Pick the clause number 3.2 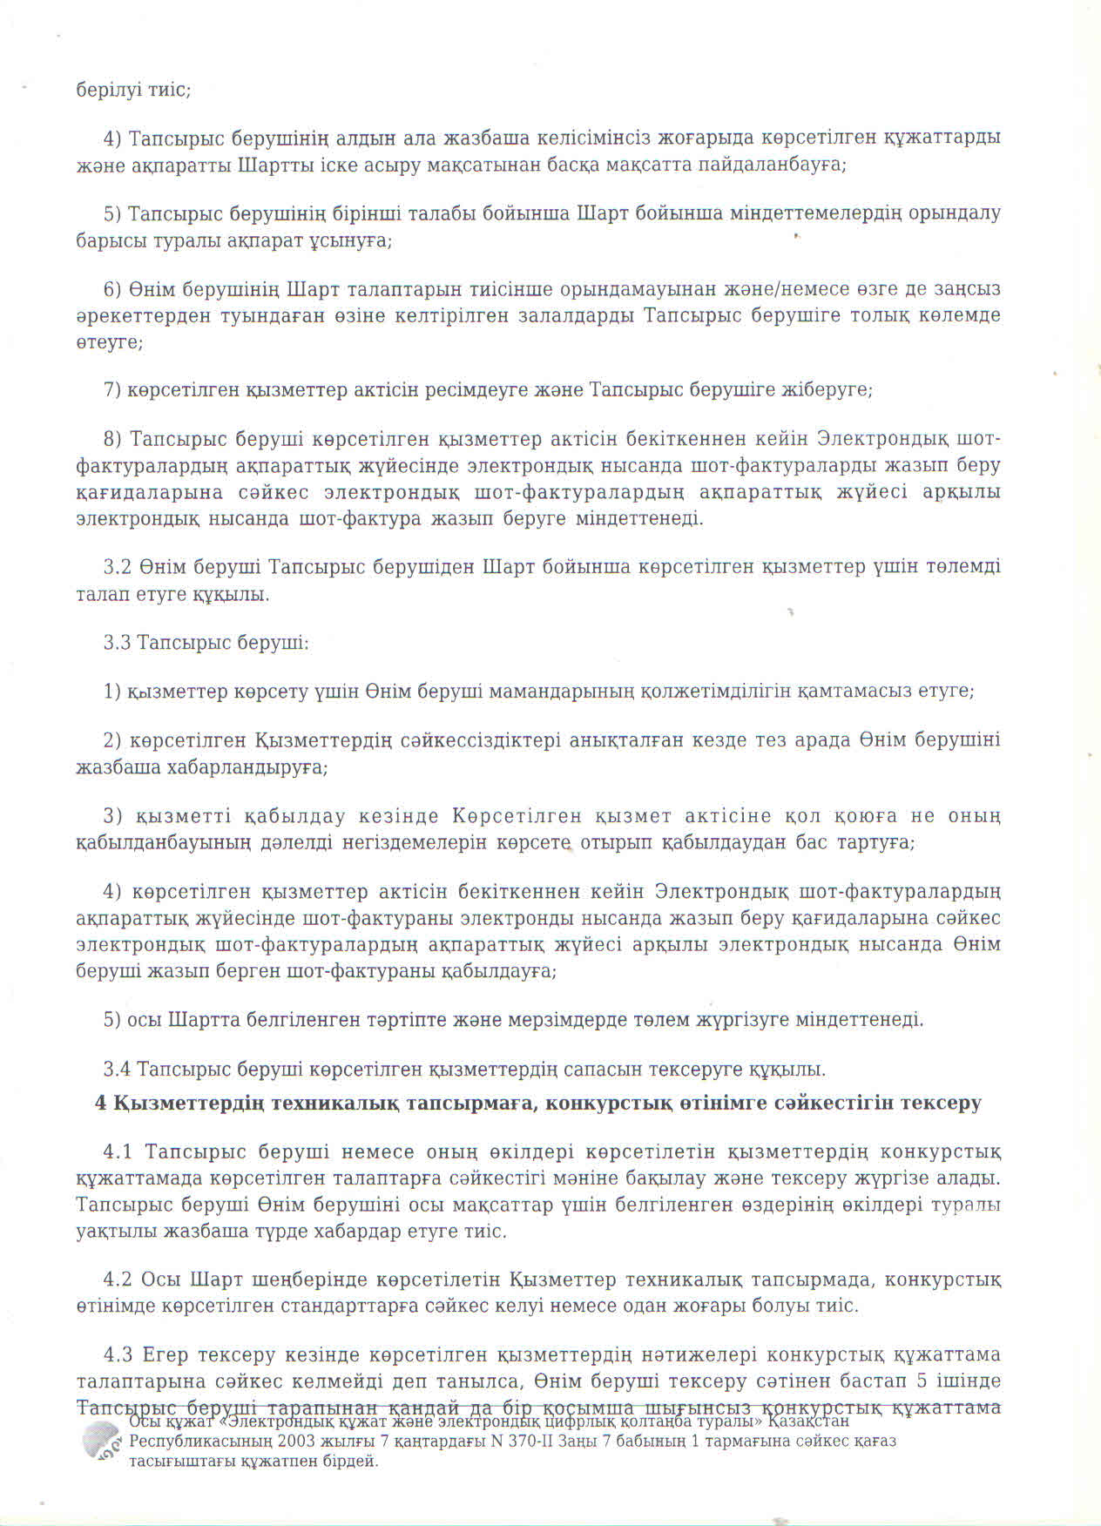(x=117, y=567)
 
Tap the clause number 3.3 (x=117, y=643)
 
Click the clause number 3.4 (x=117, y=1069)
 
